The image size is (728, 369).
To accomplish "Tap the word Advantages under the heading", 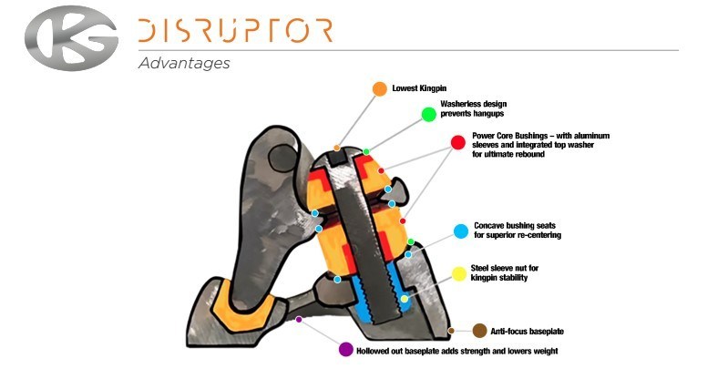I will pyautogui.click(x=184, y=64).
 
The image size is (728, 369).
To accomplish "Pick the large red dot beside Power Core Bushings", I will pyautogui.click(x=457, y=143).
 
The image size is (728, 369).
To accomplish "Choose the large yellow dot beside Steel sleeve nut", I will pyautogui.click(x=460, y=273).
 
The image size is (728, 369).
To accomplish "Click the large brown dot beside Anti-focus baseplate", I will pyautogui.click(x=479, y=330).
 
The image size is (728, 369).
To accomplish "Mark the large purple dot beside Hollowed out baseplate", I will pyautogui.click(x=345, y=350).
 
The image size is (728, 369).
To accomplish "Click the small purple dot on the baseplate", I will pyautogui.click(x=299, y=319).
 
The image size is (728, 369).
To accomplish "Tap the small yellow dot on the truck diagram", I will pyautogui.click(x=404, y=298).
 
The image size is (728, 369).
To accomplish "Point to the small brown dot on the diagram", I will pyautogui.click(x=450, y=330).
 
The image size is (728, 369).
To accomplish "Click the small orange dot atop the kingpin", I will pyautogui.click(x=336, y=148).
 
